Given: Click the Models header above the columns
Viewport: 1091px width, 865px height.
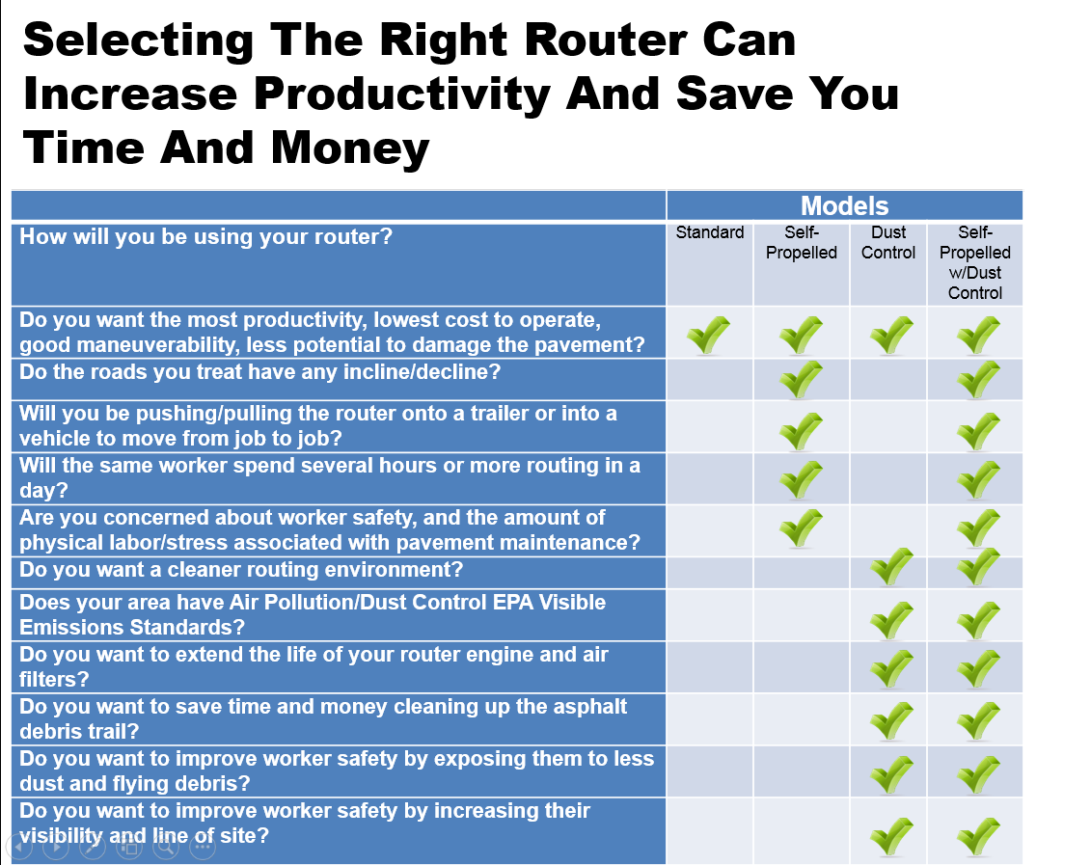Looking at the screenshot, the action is tap(844, 205).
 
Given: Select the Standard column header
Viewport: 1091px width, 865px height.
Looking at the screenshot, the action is tap(710, 232).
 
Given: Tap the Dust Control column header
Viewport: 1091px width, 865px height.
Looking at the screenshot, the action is tap(888, 242).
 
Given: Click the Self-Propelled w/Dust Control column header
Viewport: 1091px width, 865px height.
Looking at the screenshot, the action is tap(975, 262).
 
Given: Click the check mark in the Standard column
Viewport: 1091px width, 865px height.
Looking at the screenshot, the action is tap(708, 335).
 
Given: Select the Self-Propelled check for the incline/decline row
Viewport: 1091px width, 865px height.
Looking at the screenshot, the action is tap(801, 380).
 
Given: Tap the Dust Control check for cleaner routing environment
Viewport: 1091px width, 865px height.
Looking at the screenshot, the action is tap(891, 567).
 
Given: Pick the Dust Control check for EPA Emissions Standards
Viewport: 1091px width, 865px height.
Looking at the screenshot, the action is tap(891, 620).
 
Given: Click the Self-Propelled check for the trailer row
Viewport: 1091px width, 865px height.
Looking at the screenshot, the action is tap(801, 432).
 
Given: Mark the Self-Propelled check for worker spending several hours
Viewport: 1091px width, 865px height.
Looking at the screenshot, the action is tap(801, 480).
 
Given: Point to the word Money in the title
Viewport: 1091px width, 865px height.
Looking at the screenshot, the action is tap(350, 149).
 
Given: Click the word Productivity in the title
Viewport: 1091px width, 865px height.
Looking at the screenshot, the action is tap(402, 95).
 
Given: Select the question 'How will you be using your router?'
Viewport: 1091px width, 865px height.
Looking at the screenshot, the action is tap(206, 237).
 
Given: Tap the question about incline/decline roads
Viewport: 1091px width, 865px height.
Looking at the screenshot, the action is tap(259, 372).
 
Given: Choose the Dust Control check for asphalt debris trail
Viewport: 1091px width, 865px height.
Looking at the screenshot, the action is tap(891, 721).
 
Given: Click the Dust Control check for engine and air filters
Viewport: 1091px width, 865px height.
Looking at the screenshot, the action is tap(891, 669).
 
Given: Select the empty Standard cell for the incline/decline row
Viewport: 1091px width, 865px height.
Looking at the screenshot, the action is tap(710, 380).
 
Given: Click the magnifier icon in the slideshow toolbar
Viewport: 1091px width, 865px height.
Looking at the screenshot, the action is tap(166, 847).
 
